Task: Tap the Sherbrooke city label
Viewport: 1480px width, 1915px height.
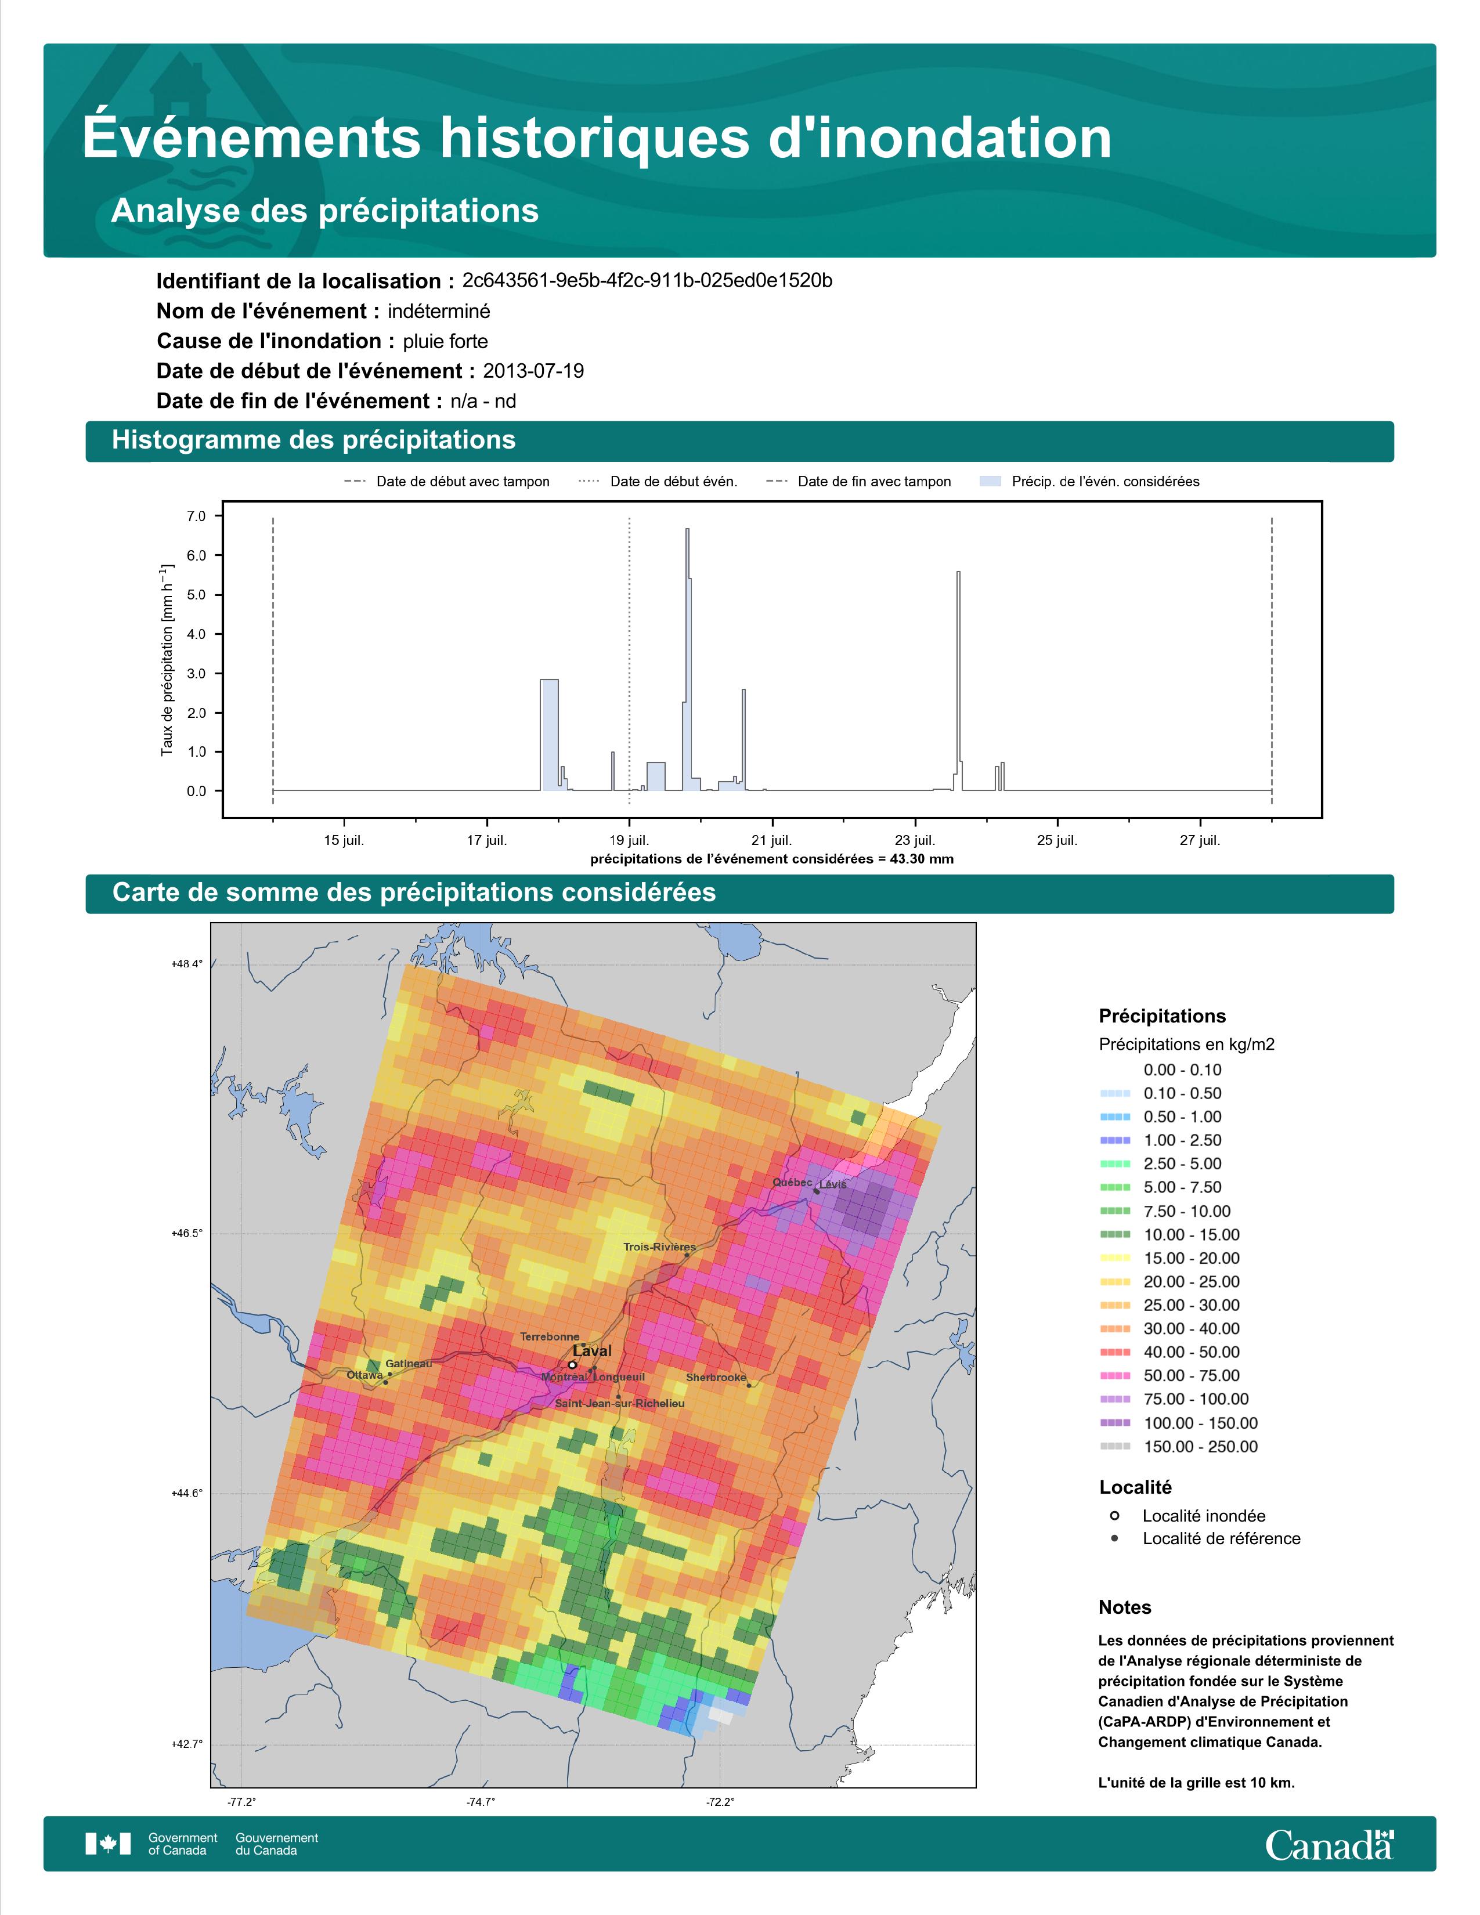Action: coord(716,1376)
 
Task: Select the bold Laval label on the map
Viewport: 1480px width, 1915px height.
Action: coord(592,1351)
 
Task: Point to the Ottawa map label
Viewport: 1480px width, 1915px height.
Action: coord(364,1375)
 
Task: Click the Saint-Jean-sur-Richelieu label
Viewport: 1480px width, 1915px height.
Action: coord(620,1403)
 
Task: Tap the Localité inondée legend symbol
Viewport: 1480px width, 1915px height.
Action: coord(1114,1515)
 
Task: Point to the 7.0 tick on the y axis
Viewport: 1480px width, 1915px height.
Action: coord(196,516)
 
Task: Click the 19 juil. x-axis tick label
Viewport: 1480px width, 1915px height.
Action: coord(630,840)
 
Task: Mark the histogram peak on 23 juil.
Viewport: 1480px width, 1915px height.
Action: coord(958,573)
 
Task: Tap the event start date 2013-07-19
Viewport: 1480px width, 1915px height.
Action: coord(533,371)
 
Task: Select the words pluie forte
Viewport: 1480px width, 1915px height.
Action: coord(445,341)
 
